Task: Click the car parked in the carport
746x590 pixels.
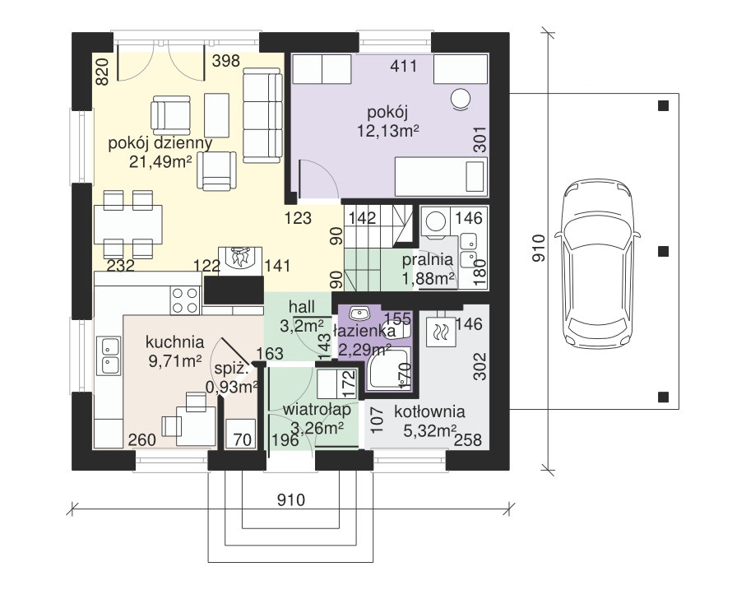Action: coord(598,263)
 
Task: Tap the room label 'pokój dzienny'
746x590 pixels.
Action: coord(160,142)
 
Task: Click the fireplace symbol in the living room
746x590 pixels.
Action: coord(240,260)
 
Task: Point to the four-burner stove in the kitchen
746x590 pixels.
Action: coord(186,300)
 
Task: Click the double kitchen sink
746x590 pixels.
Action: coord(109,355)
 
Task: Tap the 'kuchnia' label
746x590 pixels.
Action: coord(174,341)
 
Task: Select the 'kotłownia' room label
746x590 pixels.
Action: coord(429,411)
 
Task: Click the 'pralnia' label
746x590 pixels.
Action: coord(427,260)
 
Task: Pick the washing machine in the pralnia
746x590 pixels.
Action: coord(435,221)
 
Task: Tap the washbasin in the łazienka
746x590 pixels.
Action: coord(359,314)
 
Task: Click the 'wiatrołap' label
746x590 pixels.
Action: coord(317,409)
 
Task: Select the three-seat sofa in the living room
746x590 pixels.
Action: coord(262,115)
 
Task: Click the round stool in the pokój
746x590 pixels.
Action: coord(461,100)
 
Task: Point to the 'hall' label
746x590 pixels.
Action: coord(302,307)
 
